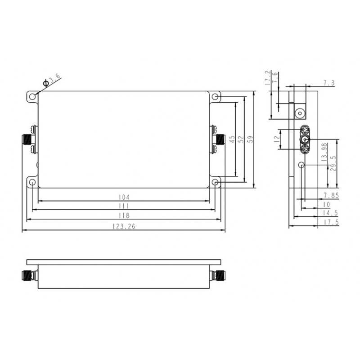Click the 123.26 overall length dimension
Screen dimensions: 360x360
124,227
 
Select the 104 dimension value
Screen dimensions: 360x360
124,197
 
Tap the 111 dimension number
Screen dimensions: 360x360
124,206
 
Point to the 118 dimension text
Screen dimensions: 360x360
124,216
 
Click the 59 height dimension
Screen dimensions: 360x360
251,139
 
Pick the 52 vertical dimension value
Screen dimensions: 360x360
241,139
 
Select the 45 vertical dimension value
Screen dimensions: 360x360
232,139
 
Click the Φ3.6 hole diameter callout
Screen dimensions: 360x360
52,80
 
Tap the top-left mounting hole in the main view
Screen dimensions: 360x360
32,97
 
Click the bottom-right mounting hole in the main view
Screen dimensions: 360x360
215,183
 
